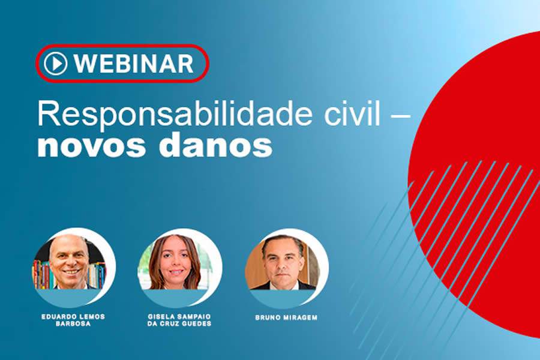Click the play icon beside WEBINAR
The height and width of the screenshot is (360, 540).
click(x=55, y=63)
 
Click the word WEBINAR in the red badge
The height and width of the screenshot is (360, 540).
click(x=134, y=63)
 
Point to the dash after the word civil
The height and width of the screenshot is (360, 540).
click(x=400, y=115)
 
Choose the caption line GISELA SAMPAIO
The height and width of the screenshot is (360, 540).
click(x=179, y=316)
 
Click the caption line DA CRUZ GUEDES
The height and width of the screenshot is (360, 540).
click(x=179, y=324)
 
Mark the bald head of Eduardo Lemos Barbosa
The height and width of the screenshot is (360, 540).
click(x=69, y=243)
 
